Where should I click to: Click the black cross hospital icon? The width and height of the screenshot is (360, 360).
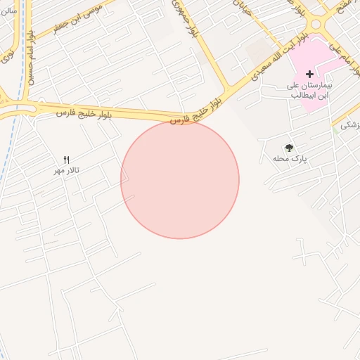[x=309, y=74]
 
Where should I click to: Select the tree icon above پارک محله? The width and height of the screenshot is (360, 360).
[x=289, y=148]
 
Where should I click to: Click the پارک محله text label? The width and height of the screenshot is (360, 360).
[x=290, y=160]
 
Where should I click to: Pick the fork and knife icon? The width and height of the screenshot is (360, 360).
[x=67, y=160]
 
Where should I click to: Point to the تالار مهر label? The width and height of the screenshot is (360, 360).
[x=67, y=171]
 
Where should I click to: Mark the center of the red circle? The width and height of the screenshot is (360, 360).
[x=180, y=180]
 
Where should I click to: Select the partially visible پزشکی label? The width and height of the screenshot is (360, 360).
[x=349, y=125]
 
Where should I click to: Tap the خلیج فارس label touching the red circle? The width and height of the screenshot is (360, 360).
[x=190, y=115]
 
